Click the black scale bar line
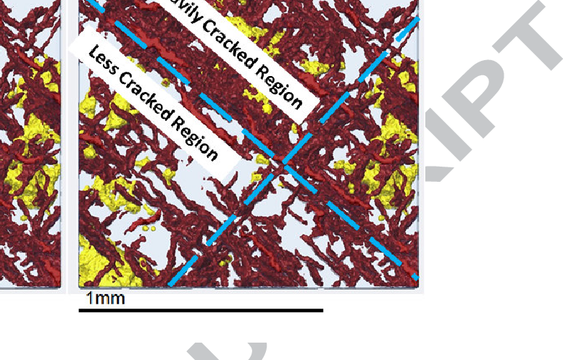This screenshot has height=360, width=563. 201,311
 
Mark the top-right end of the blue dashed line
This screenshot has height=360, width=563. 417,20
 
